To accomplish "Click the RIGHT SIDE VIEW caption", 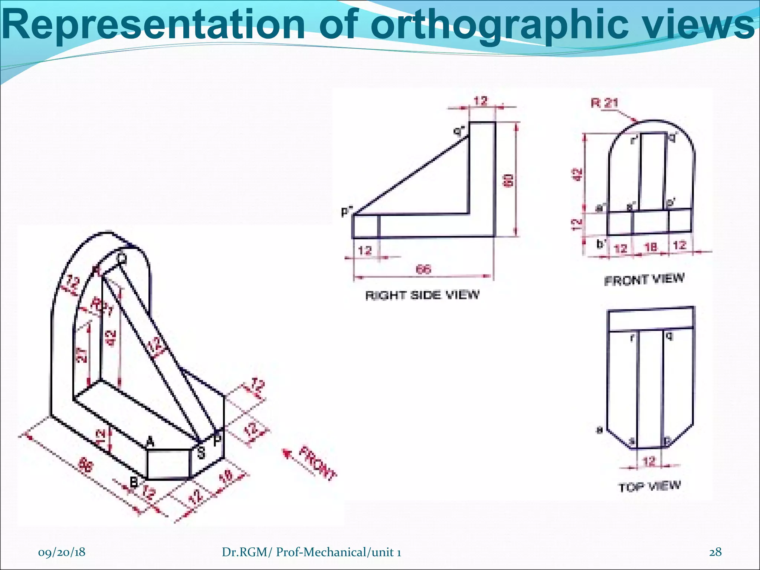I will coord(422,295).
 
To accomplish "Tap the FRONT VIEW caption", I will coord(644,279).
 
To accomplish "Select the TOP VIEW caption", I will coord(649,486).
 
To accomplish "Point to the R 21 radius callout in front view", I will coord(605,103).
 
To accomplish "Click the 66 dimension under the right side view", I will coord(423,269).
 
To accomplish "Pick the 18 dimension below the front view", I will coord(651,246).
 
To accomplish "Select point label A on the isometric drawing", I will coord(150,442).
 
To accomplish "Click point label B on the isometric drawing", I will coord(134,482).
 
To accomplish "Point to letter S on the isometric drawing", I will coord(201,453).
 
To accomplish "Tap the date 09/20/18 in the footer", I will coord(62,552).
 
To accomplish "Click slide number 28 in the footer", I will coord(715,552).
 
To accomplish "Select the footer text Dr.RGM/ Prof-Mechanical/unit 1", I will coord(311,552).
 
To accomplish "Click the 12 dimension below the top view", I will coord(649,462).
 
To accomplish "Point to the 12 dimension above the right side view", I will coord(481,101).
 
